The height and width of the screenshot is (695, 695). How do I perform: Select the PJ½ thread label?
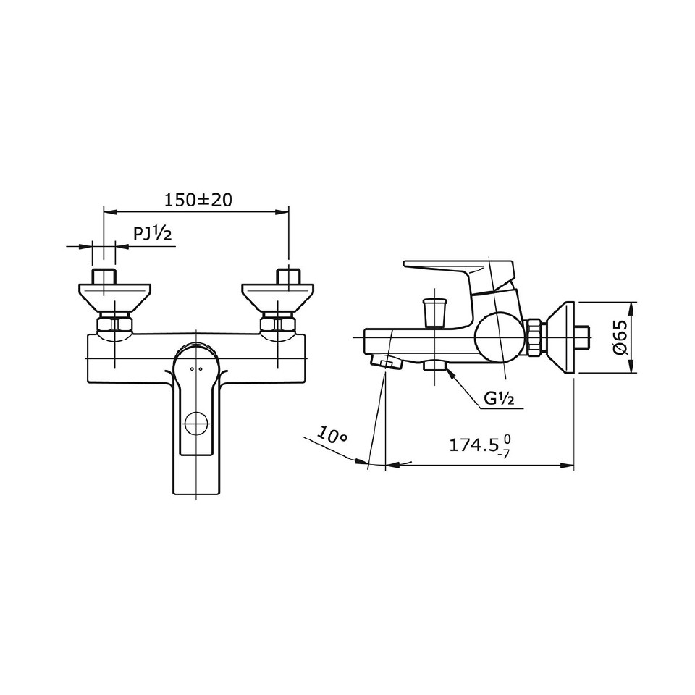tap(152, 234)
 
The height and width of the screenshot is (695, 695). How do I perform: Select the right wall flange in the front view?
tap(278, 297)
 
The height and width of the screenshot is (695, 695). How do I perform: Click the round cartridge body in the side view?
tap(498, 337)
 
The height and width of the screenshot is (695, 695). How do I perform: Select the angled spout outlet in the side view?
tap(386, 363)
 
